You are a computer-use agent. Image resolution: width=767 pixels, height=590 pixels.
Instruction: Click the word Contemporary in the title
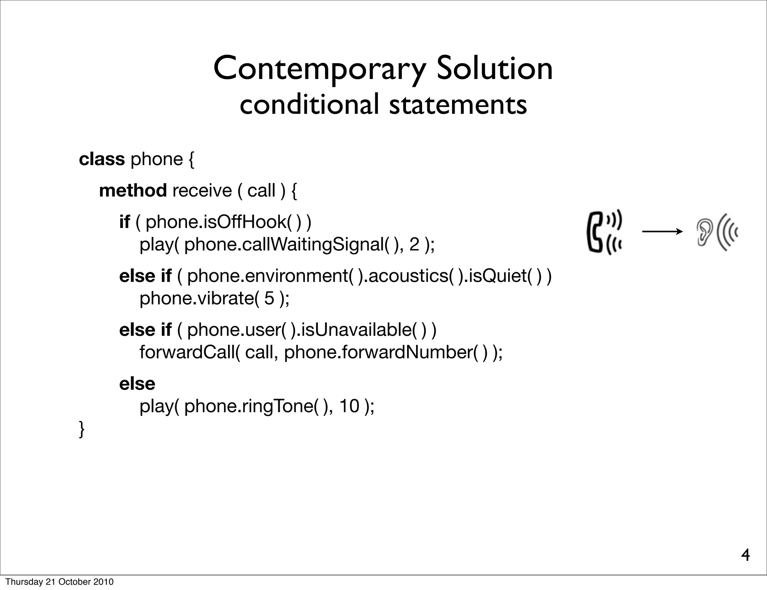[319, 69]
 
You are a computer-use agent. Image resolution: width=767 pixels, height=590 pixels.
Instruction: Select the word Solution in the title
[494, 69]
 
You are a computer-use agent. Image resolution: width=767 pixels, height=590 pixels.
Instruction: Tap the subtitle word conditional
[309, 104]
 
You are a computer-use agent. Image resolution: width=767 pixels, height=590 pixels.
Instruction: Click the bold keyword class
[101, 159]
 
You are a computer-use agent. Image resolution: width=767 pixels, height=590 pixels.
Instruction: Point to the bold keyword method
[133, 191]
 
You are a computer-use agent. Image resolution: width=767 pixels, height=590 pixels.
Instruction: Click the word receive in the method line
[202, 191]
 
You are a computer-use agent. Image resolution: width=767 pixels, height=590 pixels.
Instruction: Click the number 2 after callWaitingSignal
[414, 244]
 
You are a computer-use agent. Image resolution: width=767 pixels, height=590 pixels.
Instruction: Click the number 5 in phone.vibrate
[269, 298]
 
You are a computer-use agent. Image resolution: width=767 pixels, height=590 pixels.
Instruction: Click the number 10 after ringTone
[349, 406]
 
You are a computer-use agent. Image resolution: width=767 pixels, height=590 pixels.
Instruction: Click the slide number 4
[745, 555]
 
